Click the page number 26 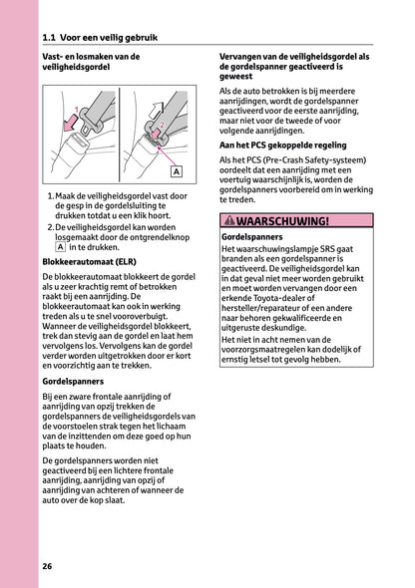pyautogui.click(x=47, y=567)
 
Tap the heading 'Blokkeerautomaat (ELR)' pyautogui.click(x=89, y=262)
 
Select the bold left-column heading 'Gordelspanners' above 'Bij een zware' pyautogui.click(x=75, y=382)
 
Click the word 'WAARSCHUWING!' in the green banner pyautogui.click(x=282, y=221)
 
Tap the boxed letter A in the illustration pyautogui.click(x=176, y=171)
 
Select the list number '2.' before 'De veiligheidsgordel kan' pyautogui.click(x=51, y=227)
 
